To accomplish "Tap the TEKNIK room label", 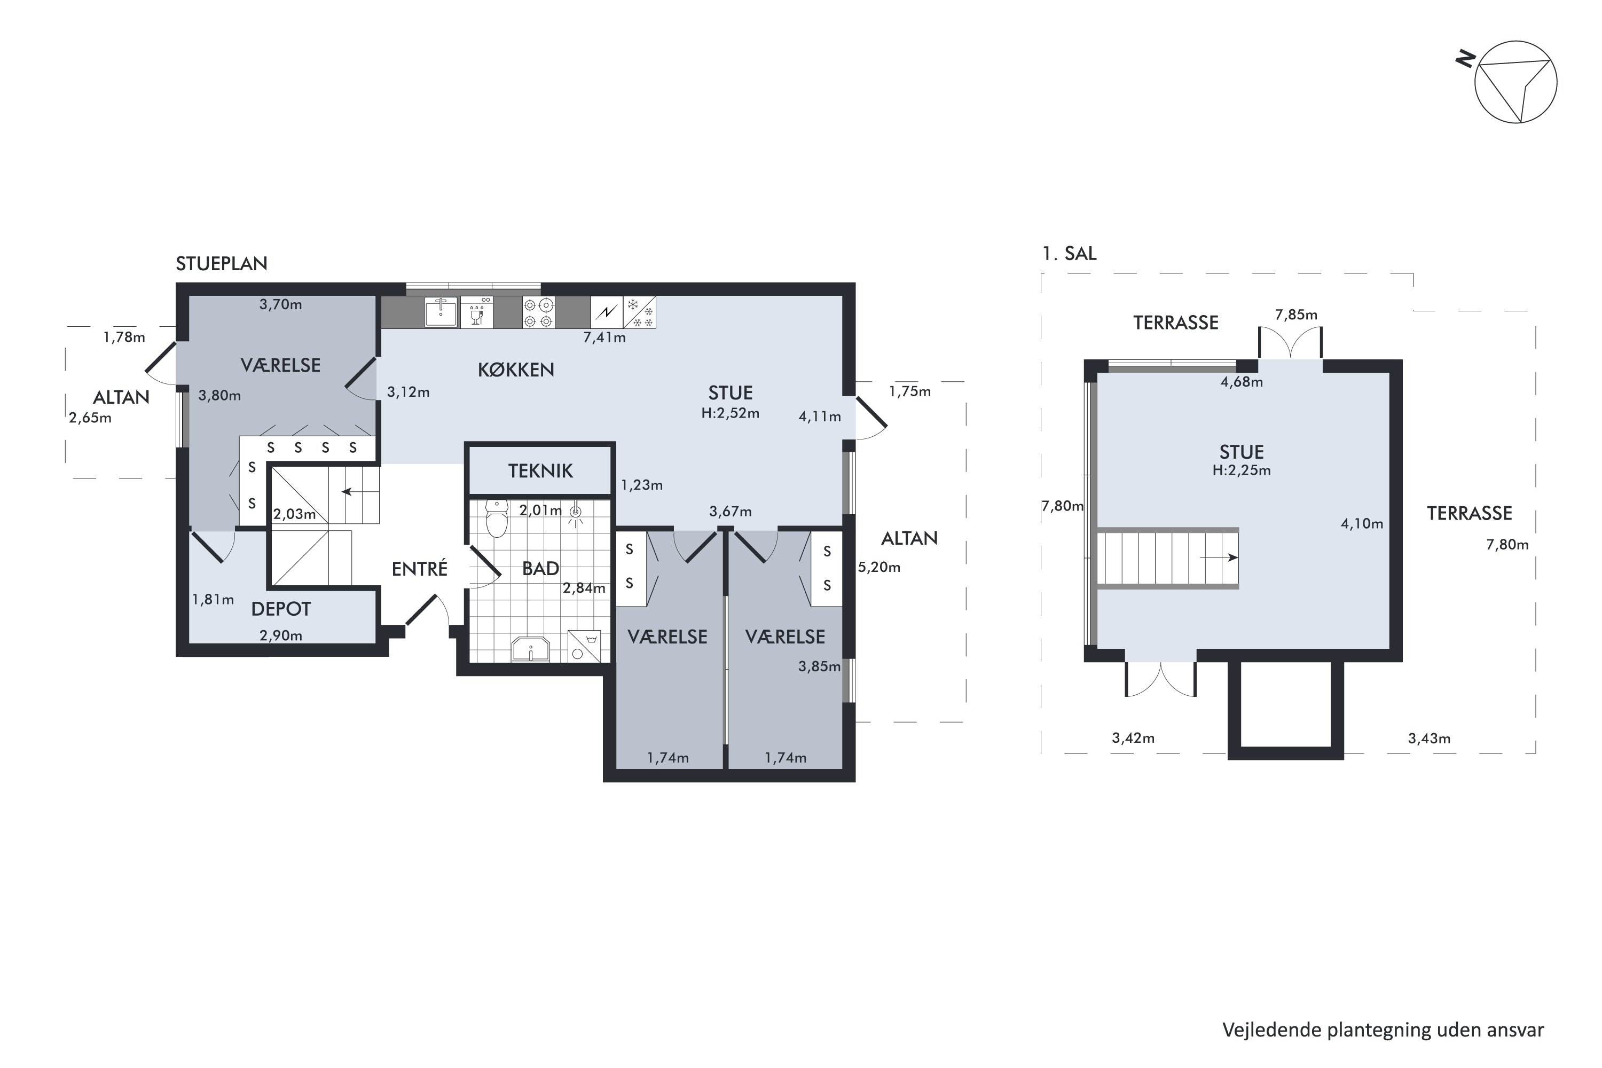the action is click(x=540, y=470).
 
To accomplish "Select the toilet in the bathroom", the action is click(x=497, y=519).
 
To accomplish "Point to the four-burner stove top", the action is click(x=538, y=312).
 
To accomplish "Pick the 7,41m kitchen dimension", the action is click(x=604, y=337).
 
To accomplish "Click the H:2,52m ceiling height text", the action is click(x=730, y=413).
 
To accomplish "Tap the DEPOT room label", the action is click(x=281, y=609).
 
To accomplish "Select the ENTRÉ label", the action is click(x=420, y=568).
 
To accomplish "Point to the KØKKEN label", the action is click(x=516, y=370).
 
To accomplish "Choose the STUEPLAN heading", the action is click(x=222, y=264).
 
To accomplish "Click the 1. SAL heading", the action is click(x=1070, y=253).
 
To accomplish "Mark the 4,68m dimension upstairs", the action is click(x=1242, y=382).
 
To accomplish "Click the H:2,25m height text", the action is click(x=1242, y=470).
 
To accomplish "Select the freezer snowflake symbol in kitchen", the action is click(x=640, y=312).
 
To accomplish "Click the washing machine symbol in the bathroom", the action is click(x=584, y=646).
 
